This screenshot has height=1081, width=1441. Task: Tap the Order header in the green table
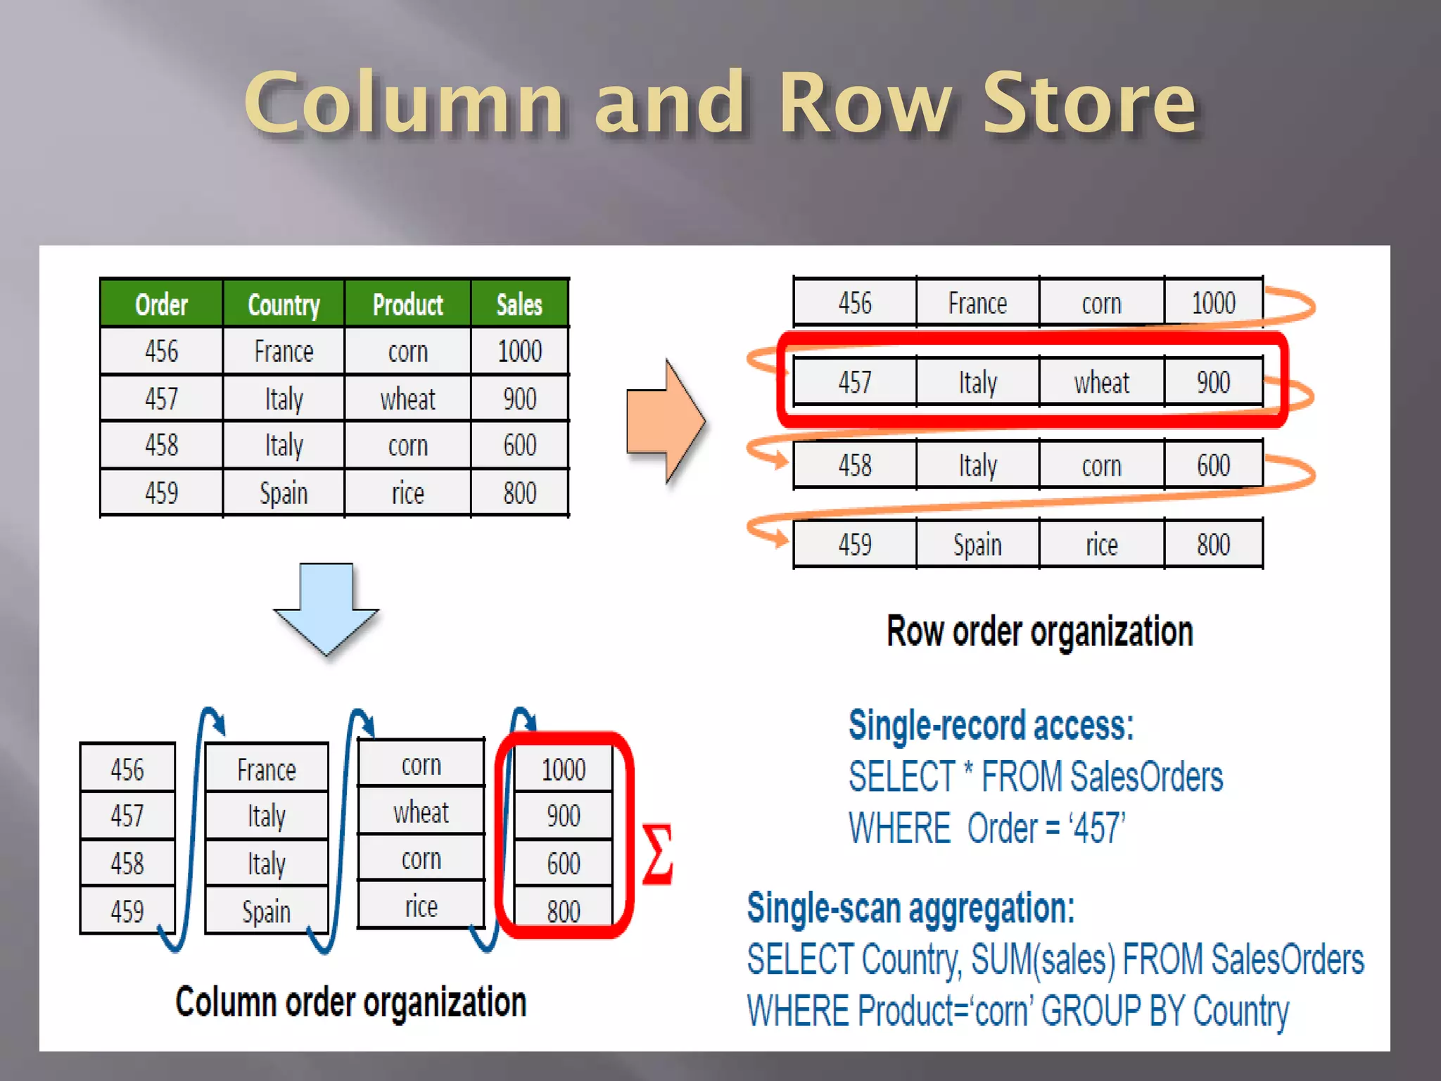click(x=161, y=305)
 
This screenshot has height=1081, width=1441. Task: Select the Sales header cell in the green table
click(x=519, y=305)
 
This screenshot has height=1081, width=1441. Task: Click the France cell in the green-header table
click(x=284, y=351)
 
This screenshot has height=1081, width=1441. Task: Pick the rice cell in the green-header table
click(x=407, y=493)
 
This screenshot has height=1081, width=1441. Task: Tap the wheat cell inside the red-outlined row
click(x=1101, y=383)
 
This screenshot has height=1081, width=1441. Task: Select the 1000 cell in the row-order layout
click(x=1213, y=303)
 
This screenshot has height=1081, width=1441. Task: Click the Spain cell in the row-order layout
click(x=977, y=545)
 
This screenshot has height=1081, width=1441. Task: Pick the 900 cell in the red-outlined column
click(x=564, y=816)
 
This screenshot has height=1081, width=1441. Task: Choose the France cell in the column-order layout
click(x=266, y=770)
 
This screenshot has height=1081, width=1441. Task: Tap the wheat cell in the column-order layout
click(x=421, y=813)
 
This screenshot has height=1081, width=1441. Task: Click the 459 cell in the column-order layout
click(x=127, y=911)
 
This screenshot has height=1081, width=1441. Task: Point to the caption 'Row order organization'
click(x=1039, y=631)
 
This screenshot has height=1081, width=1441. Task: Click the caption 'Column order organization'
click(x=350, y=1002)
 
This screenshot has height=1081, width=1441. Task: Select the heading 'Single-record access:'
click(x=991, y=726)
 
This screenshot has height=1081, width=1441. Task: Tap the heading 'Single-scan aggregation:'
click(x=910, y=909)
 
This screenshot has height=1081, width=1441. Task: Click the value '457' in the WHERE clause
click(x=1096, y=828)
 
